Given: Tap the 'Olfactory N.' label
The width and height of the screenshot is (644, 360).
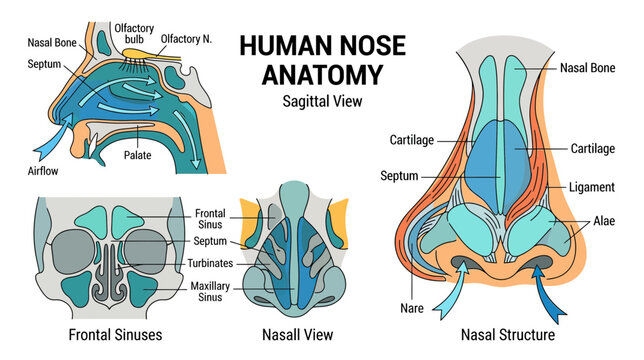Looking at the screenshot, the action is (186, 39).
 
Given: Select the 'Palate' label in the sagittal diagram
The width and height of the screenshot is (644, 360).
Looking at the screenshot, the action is (138, 155).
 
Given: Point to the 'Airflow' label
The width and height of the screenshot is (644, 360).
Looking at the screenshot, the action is (43, 171).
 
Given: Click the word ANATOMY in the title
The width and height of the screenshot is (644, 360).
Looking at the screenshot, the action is (322, 74).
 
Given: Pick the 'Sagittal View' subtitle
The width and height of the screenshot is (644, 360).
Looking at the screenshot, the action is (322, 101).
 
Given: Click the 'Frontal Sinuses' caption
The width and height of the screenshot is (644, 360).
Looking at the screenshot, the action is (115, 335).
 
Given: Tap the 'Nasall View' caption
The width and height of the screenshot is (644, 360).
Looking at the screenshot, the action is (297, 335).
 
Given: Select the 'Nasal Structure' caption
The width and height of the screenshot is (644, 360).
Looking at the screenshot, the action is (508, 335).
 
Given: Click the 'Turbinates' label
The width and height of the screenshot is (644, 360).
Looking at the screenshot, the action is (210, 263).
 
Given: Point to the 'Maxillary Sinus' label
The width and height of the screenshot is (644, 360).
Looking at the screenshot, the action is (210, 291).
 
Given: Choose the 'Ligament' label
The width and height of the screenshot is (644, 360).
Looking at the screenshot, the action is (591, 187).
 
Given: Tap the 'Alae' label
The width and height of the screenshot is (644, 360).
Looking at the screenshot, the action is (604, 221).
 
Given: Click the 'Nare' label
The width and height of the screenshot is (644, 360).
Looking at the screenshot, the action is (412, 308).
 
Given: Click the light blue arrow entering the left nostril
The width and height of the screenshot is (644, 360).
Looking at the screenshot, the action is (451, 291).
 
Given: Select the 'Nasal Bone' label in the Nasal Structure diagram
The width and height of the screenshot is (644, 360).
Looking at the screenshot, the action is (587, 68).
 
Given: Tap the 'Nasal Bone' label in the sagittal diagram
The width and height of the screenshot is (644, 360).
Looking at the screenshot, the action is (52, 43).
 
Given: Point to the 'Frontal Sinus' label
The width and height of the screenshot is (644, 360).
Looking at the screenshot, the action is (210, 219).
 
